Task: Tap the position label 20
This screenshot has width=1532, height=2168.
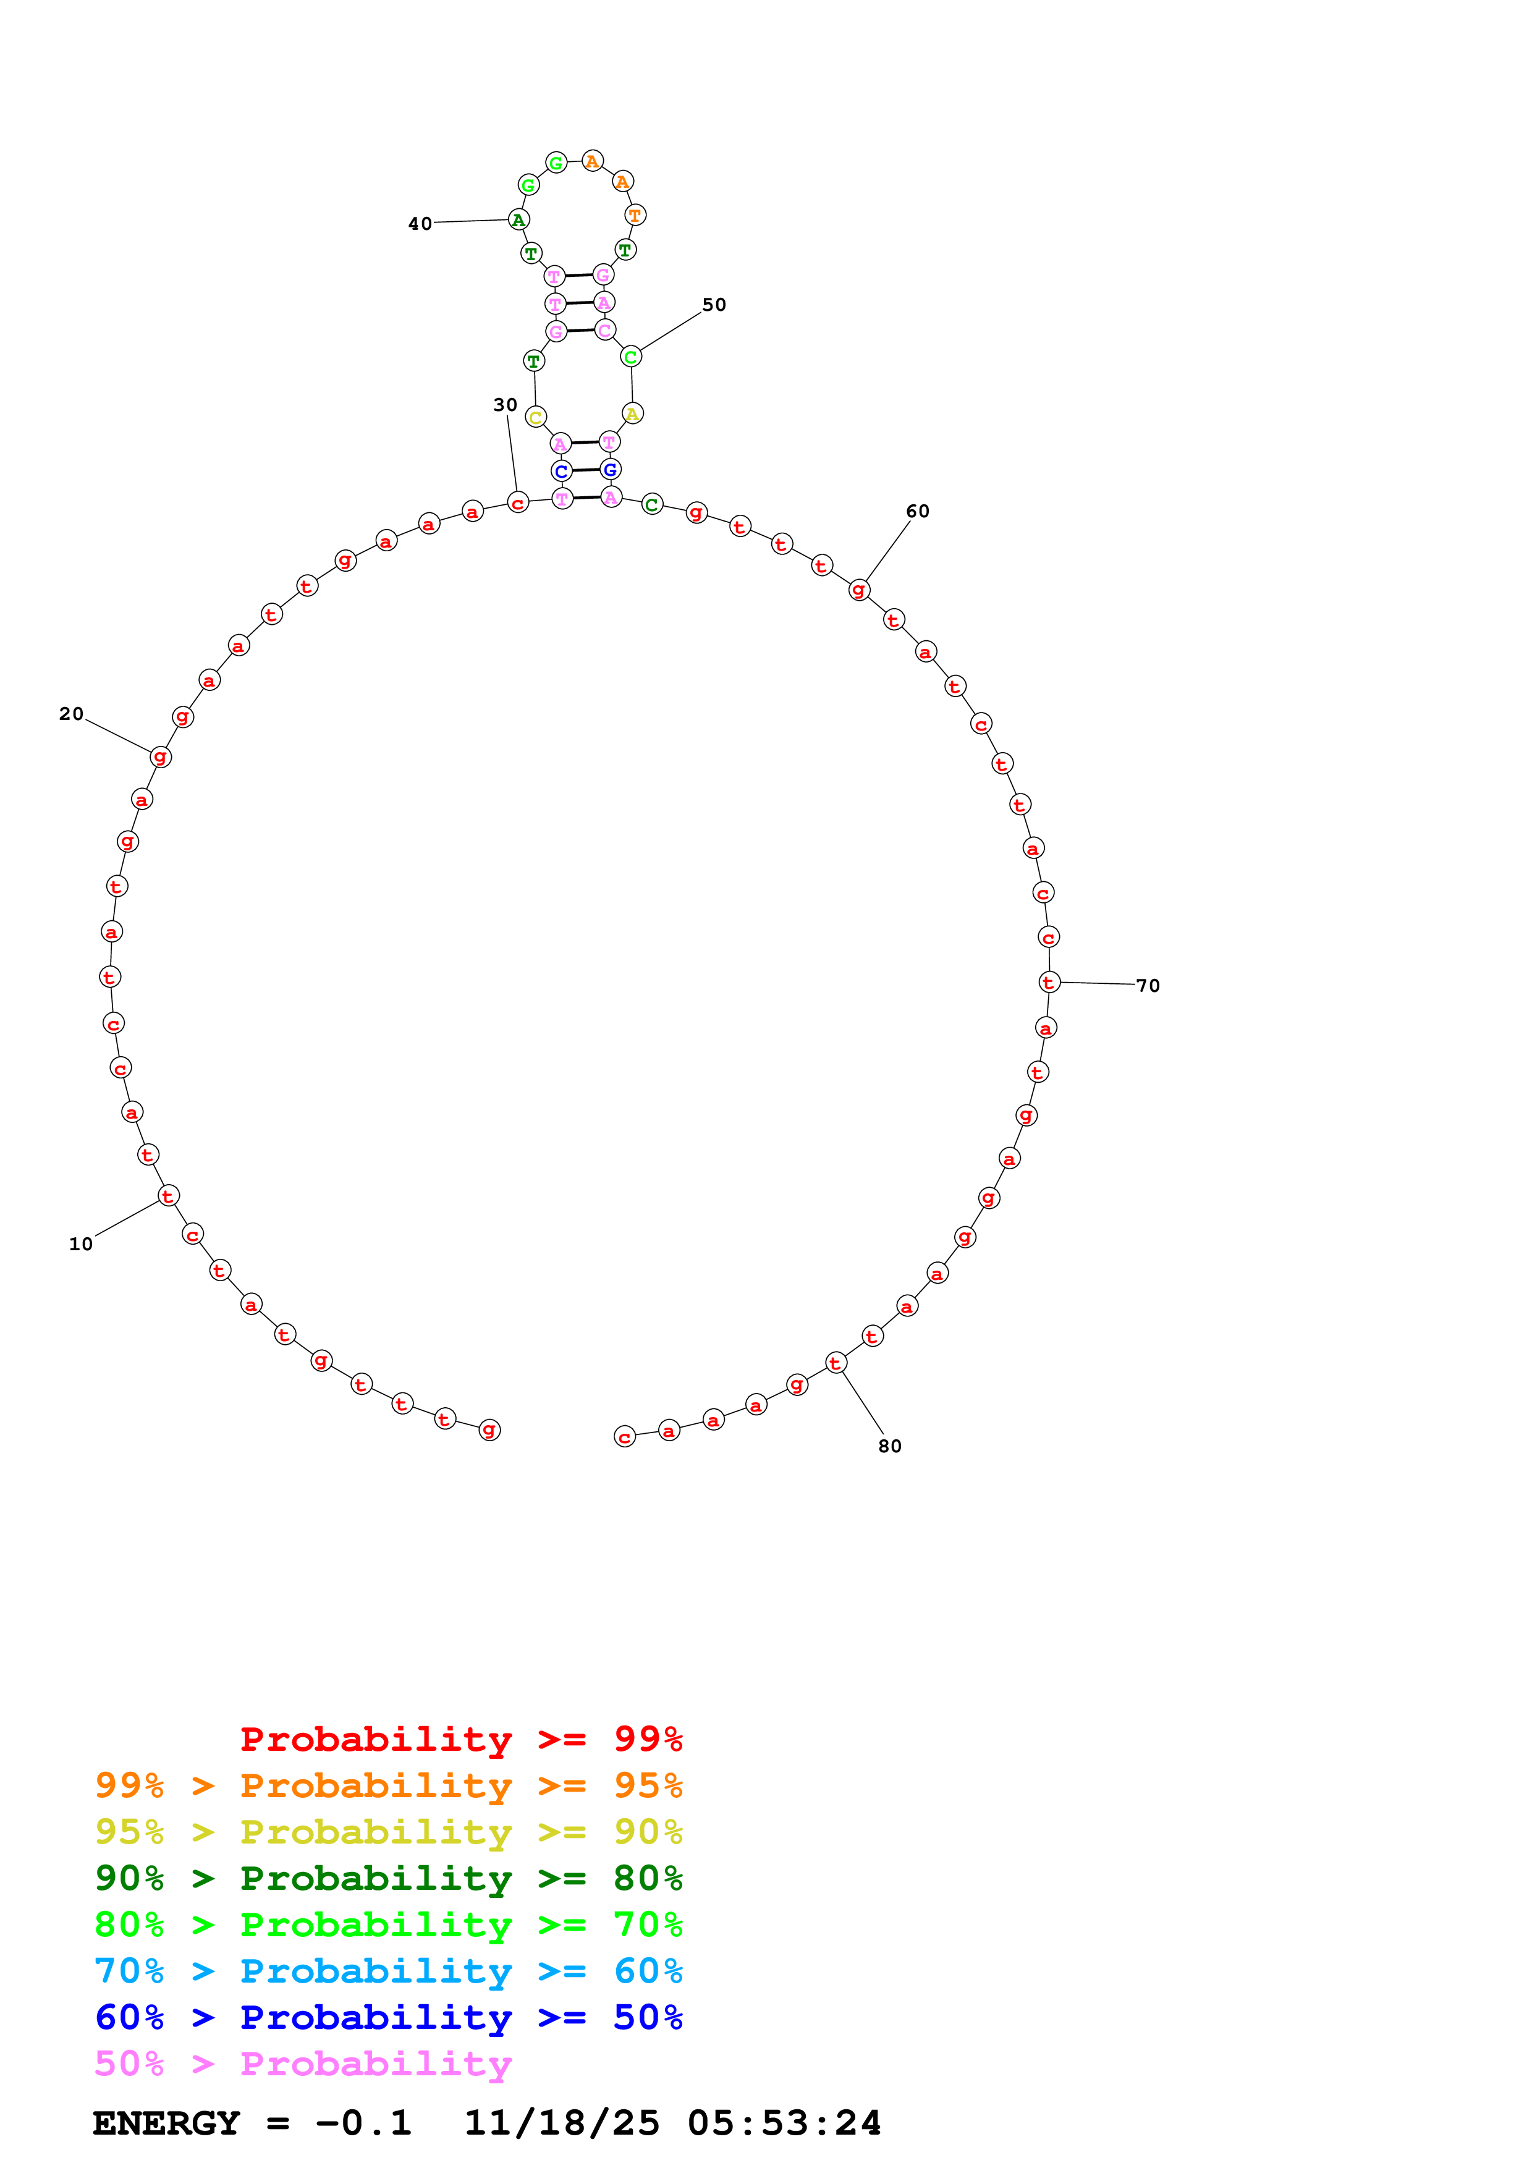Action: click(x=72, y=714)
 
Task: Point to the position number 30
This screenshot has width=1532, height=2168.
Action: click(x=505, y=405)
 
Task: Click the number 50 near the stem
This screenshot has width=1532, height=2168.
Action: click(x=714, y=305)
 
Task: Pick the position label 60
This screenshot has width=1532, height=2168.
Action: click(x=918, y=512)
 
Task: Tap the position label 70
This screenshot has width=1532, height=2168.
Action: click(x=1148, y=986)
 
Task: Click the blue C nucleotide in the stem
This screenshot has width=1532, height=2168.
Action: click(x=562, y=471)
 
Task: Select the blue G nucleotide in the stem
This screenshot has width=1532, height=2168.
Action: click(x=611, y=469)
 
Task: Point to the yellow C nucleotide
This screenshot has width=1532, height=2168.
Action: click(x=535, y=417)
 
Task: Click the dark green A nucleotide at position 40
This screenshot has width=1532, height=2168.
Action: click(x=518, y=220)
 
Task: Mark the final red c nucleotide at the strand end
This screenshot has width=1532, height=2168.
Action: click(x=625, y=1437)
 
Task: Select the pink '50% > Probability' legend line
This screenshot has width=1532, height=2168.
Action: click(x=303, y=2063)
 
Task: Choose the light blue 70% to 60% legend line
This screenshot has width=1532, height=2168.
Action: click(x=388, y=1971)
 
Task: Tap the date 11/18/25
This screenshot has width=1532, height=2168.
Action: click(x=562, y=2123)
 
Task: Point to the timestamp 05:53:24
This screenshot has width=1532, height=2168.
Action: click(x=784, y=2123)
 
